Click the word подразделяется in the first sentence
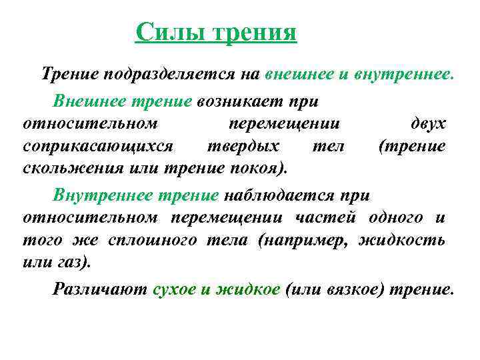(x=164, y=73)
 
